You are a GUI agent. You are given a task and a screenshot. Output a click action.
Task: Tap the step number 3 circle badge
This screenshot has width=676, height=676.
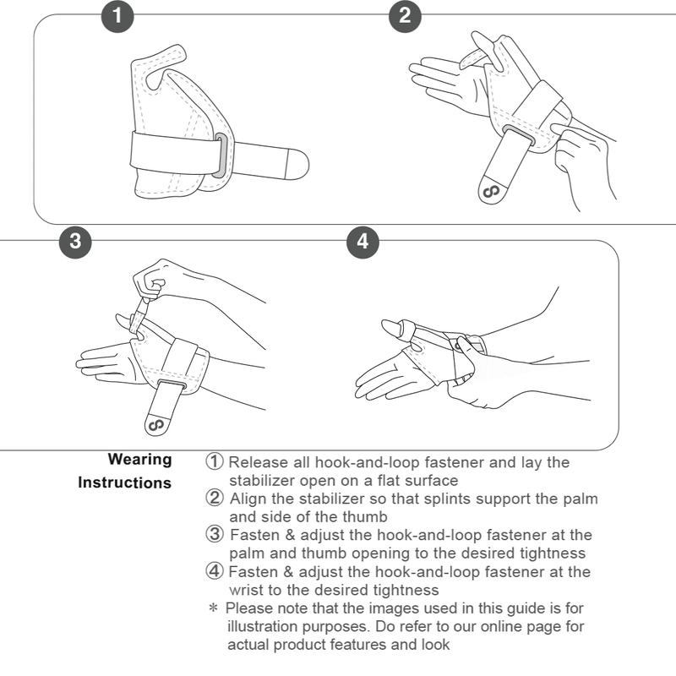[76, 241]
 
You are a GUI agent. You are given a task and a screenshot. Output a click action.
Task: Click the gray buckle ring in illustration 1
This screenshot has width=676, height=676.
[220, 155]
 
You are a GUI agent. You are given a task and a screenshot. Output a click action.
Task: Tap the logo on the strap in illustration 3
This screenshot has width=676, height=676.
[155, 422]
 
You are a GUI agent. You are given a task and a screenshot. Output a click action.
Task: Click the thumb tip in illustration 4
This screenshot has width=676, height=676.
[388, 325]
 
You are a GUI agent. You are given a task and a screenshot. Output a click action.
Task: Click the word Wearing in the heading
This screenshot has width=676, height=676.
[139, 461]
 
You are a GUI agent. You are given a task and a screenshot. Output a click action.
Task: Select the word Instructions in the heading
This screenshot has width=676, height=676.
[124, 483]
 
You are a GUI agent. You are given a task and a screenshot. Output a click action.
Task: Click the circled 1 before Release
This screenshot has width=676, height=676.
[215, 462]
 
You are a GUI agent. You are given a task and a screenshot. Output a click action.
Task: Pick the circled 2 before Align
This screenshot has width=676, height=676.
[215, 499]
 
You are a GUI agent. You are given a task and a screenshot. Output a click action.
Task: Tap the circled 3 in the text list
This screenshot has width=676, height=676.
[215, 535]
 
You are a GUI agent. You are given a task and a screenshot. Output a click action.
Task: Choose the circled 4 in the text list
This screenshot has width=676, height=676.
[215, 572]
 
